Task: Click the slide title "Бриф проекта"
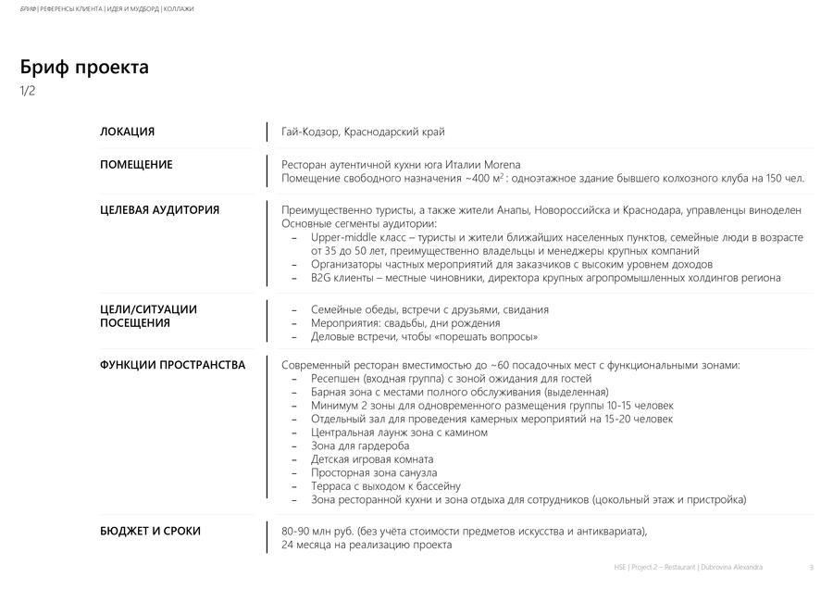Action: tap(84, 68)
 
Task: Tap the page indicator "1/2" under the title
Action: tap(28, 91)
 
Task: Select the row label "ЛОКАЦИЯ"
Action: tap(127, 132)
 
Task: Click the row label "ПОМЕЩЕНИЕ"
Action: tap(136, 165)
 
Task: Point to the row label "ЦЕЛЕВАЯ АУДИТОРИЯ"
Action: tap(159, 210)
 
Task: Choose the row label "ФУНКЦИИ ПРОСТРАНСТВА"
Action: tap(172, 365)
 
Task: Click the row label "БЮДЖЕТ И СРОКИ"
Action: tap(150, 531)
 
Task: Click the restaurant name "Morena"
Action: tap(502, 165)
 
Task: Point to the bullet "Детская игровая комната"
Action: tap(372, 459)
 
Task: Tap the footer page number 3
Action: tap(811, 567)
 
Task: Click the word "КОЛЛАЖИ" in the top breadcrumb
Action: tap(179, 9)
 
